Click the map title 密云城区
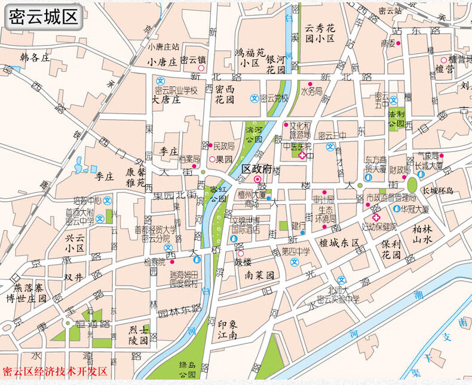pos(44,17)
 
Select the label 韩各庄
pos(33,58)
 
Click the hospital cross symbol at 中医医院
pos(302,156)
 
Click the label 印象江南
pos(227,329)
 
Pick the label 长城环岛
pos(438,191)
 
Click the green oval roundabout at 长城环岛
pos(412,184)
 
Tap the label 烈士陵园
pos(139,335)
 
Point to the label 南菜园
pos(259,276)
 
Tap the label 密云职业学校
pos(176,90)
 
